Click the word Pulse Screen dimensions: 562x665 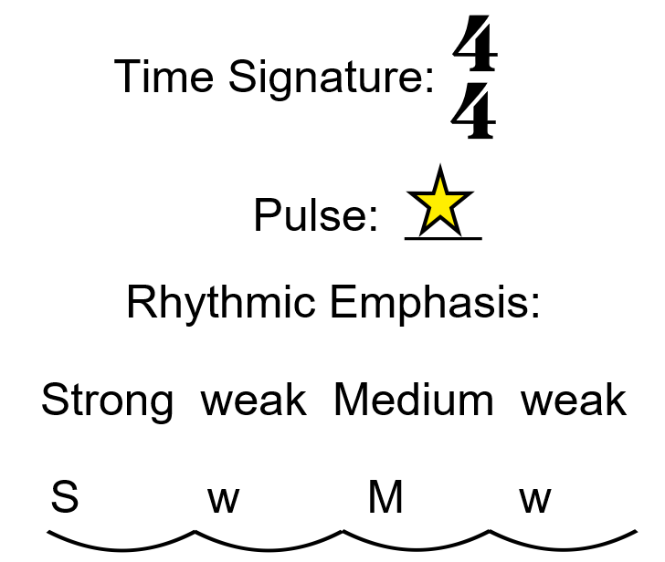tap(315, 217)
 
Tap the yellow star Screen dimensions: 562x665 tap(440, 202)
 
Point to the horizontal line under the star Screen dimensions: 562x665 tap(443, 239)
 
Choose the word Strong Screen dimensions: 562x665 tap(107, 400)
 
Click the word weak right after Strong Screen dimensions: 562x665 tap(254, 400)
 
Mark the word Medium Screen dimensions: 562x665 tap(413, 400)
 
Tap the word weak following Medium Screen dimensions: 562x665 tap(574, 400)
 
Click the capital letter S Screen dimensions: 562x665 tap(64, 498)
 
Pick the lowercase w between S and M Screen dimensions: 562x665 tap(223, 500)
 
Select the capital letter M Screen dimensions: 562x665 tap(385, 498)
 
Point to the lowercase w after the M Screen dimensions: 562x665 tap(535, 500)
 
